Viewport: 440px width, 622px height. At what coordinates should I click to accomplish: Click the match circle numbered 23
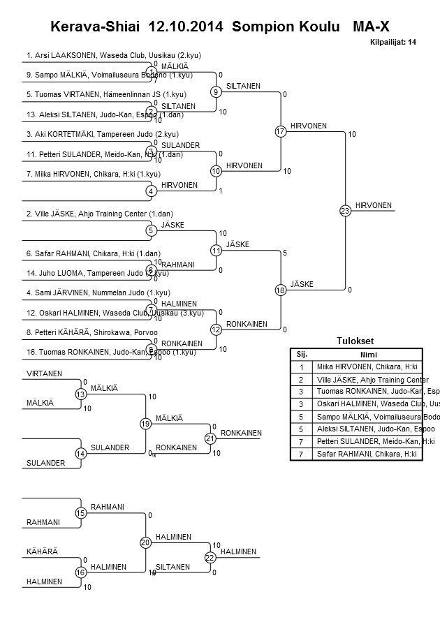[345, 210]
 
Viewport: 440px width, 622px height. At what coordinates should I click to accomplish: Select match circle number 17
[281, 131]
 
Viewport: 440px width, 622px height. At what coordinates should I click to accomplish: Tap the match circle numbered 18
[281, 290]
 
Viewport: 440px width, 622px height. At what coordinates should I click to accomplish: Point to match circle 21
[210, 438]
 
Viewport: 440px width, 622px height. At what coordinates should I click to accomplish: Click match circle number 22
[210, 557]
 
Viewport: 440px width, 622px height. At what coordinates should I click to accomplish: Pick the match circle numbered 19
[145, 424]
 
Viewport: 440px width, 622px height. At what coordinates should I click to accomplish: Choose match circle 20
[145, 542]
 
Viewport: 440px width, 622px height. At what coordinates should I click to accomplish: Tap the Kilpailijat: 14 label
[393, 43]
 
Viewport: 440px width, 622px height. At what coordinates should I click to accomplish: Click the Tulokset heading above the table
[355, 341]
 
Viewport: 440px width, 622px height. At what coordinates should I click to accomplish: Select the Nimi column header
[368, 354]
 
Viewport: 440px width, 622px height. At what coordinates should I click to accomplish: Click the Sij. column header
[302, 354]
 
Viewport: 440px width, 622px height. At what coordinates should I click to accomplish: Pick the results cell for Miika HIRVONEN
[367, 366]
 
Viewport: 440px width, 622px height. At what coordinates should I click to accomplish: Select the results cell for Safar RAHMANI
[367, 454]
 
